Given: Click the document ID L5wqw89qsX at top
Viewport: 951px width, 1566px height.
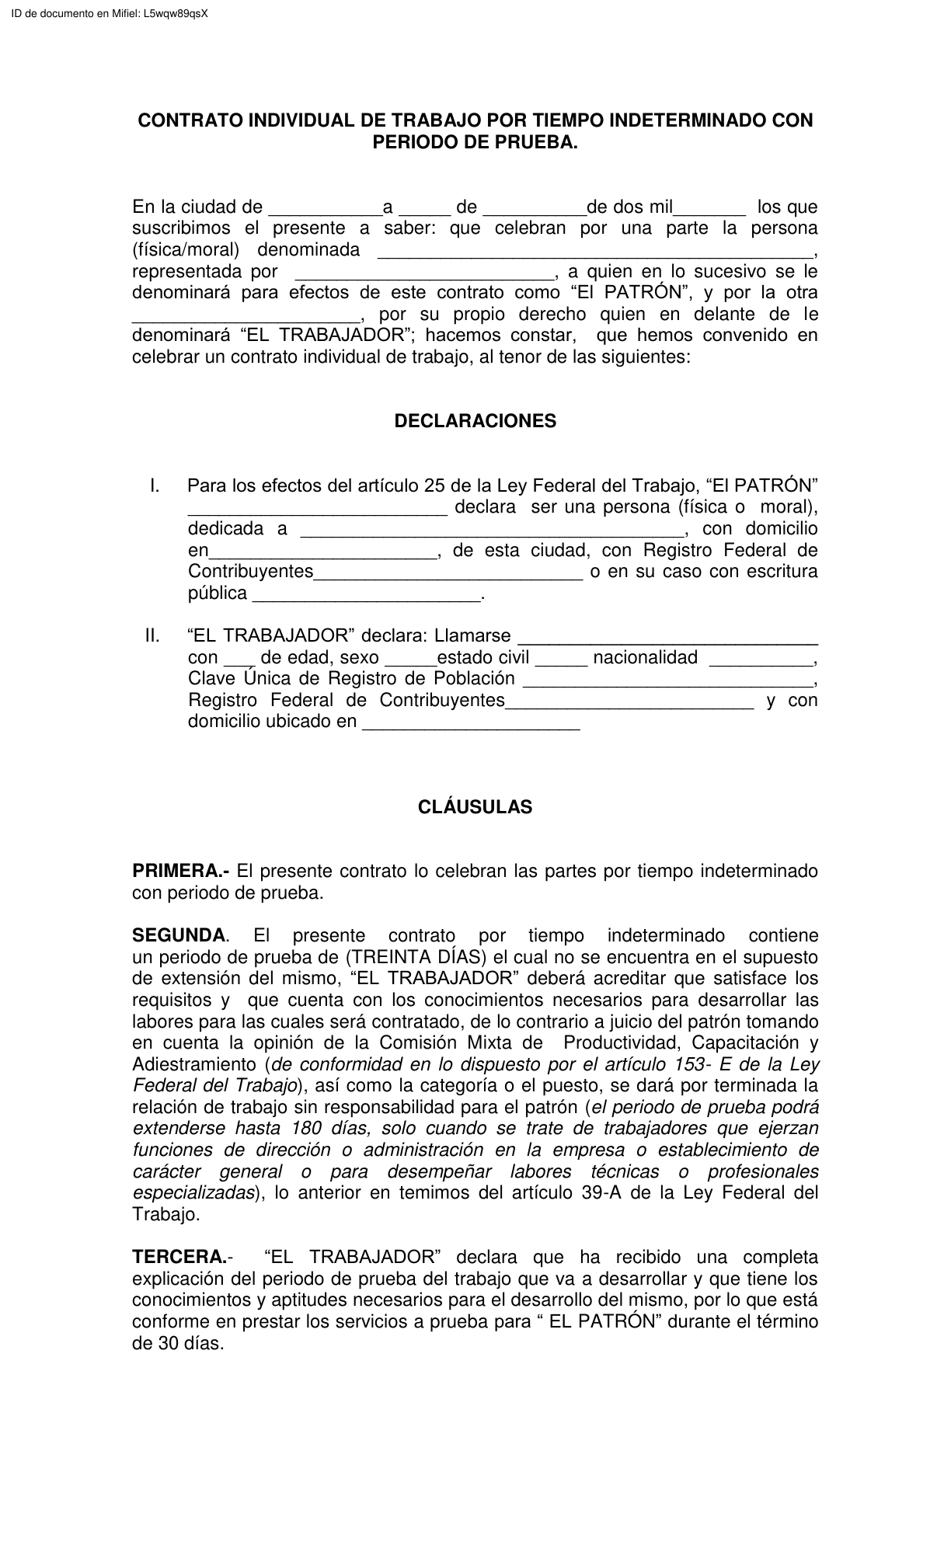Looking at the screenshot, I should tap(176, 13).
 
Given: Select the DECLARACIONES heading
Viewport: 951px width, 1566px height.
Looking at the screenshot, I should tap(475, 421).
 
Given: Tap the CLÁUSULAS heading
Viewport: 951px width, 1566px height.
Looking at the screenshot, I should tap(475, 807).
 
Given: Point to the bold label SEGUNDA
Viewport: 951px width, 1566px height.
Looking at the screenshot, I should tap(179, 935).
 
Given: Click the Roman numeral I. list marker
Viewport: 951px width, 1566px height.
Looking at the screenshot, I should tap(155, 486).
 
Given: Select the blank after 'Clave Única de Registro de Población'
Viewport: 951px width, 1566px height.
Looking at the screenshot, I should tap(668, 681).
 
